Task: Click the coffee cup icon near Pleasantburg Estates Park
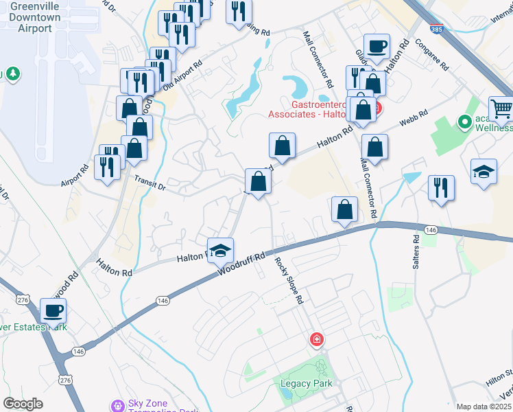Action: point(53,310)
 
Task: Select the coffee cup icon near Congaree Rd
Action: point(377,46)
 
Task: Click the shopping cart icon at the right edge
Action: point(501,108)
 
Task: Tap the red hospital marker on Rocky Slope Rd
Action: point(317,339)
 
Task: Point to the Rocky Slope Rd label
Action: point(289,279)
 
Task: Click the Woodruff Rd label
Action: point(242,265)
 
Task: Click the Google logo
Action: point(23,404)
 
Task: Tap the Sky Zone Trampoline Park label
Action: point(163,405)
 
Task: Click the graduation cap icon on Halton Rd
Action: point(221,251)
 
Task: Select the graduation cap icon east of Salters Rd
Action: point(484,172)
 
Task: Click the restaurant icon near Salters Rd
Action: point(441,187)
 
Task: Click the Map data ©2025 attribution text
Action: point(484,407)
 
